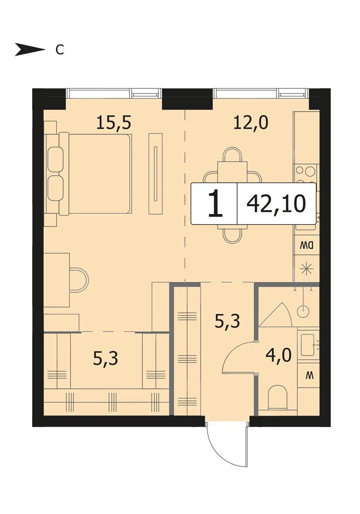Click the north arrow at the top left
pos(30,49)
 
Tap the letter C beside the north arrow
pos(60,50)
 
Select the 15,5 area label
pos(114,123)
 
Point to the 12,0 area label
pos(251,123)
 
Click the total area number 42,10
pos(276,204)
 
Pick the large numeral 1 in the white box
pos(215,204)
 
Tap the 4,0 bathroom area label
pos(279,355)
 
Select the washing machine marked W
pos(308,376)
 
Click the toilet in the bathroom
pos(278,398)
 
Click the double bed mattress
pos(100,174)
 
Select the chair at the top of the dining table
pos(232,155)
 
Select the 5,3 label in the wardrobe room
pos(106,359)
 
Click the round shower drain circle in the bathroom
pos(304,311)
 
